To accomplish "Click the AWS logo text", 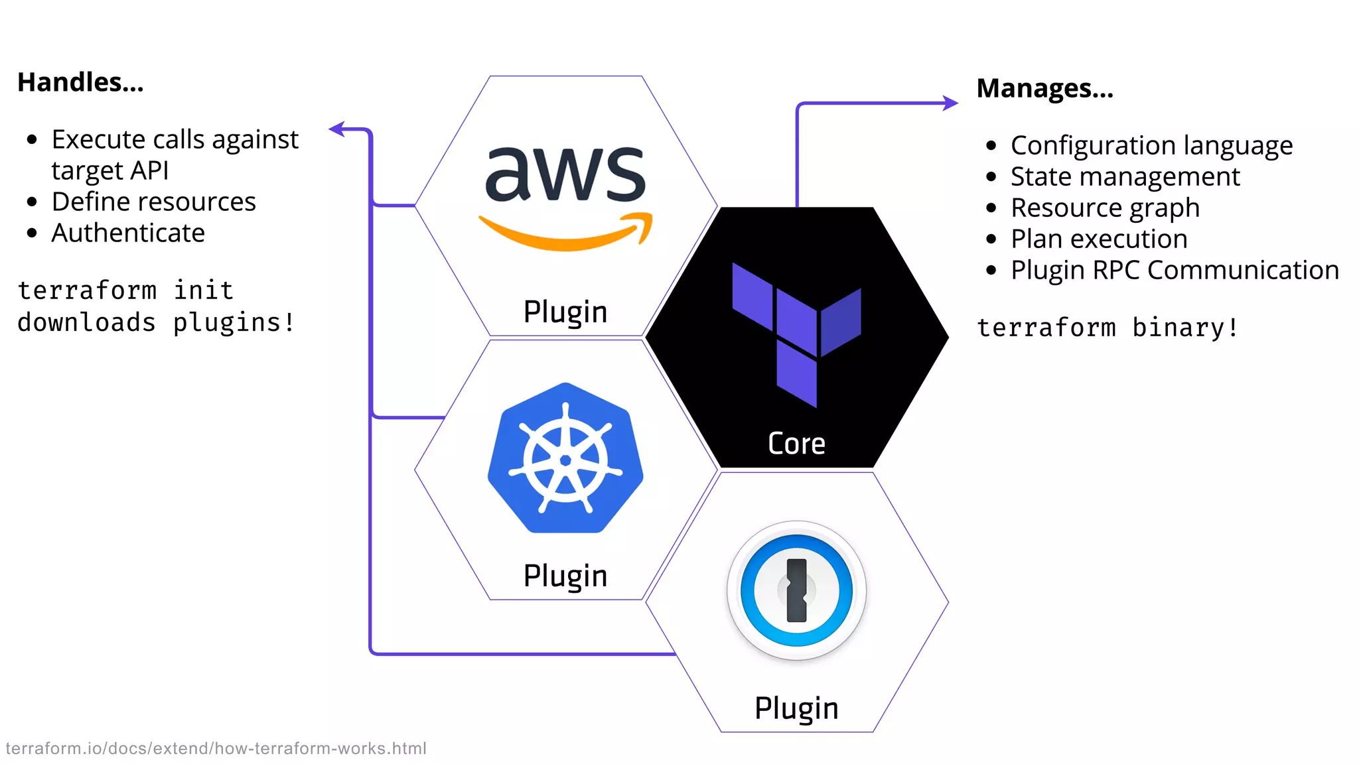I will (565, 174).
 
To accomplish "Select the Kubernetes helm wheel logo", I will (565, 459).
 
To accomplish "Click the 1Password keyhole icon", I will (796, 590).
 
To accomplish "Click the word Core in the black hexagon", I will (796, 444).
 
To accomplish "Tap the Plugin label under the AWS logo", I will (565, 312).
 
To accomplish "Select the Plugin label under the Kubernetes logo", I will (565, 576).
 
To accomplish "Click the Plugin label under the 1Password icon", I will (796, 708).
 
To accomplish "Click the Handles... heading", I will (80, 82).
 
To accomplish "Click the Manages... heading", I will (1044, 88).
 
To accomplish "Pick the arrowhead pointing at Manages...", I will (952, 103).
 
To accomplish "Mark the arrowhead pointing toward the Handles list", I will (337, 129).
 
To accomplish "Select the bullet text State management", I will (1125, 176).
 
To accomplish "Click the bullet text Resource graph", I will (1105, 208).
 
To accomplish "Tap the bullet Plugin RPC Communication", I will (1175, 270).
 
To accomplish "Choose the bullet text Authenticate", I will (128, 233).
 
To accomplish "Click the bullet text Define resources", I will (153, 202).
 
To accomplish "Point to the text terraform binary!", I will (1107, 328).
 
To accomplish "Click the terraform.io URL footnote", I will (216, 748).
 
